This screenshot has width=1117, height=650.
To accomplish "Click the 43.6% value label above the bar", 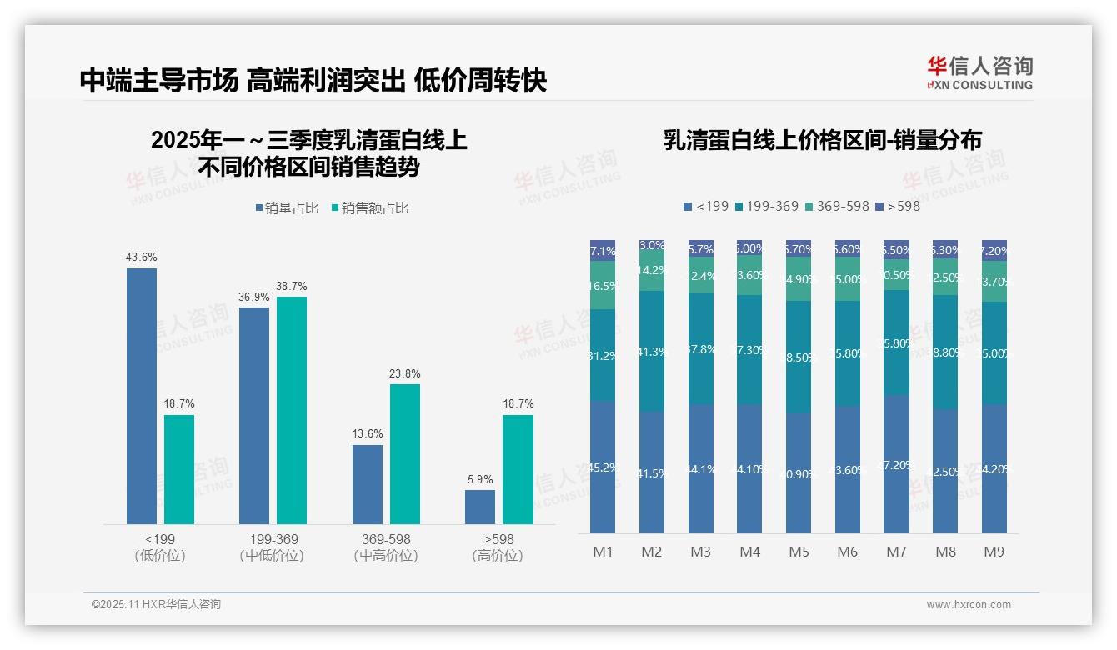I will point(141,257).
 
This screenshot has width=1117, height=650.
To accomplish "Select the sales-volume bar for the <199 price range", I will point(141,396).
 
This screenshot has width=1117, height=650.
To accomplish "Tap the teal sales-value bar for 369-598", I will point(405,453).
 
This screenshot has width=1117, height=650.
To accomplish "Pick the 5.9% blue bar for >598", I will point(480,507).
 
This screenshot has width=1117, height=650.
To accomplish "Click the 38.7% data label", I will point(291,286).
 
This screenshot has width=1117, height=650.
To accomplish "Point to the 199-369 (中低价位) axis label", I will point(273,547).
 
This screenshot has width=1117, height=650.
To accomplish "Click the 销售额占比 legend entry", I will point(369,208).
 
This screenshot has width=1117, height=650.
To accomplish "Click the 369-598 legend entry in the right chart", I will point(836,206).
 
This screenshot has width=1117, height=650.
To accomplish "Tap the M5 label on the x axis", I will point(799,552).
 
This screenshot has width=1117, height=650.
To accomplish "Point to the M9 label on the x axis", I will point(994,552).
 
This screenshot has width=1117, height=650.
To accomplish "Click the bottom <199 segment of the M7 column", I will point(896,463).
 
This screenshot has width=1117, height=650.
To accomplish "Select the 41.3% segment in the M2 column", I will point(652,351).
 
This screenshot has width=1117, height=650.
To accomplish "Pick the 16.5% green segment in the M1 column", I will point(603,285).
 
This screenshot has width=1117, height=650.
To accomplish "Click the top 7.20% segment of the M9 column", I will point(994,249).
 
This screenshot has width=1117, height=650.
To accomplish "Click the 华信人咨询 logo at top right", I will point(979,72).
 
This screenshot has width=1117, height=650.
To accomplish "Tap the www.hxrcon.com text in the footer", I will point(968,605).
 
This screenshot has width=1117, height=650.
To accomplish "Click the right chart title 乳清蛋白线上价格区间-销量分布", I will point(822,140).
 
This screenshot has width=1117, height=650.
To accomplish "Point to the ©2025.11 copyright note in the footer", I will point(156,605).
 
